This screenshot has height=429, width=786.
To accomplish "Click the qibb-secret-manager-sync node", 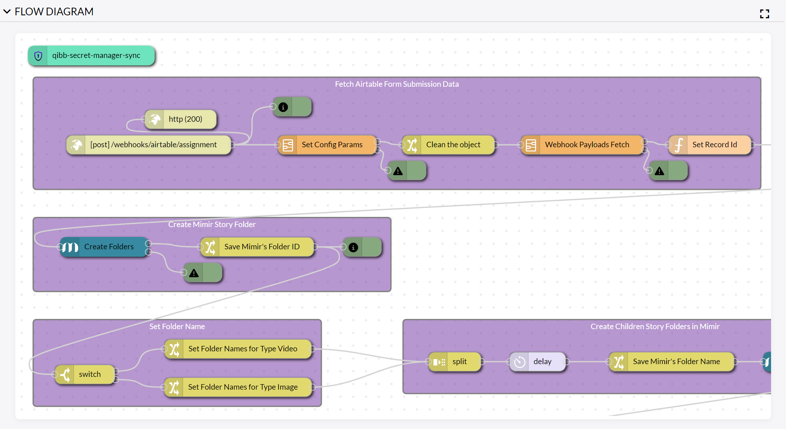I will pos(91,56).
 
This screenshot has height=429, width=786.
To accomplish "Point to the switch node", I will pos(85,374).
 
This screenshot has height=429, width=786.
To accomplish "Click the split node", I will pos(455,362).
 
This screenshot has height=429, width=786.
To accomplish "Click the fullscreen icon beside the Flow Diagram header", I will pos(765,14).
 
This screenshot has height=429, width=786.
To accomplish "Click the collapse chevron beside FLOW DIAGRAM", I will pos(7,12).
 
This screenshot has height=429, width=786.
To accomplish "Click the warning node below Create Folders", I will pos(203,273).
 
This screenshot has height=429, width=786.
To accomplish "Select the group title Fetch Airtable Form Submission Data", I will pos(397,84).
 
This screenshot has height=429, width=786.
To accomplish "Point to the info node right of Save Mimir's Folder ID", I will pos(362,247).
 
